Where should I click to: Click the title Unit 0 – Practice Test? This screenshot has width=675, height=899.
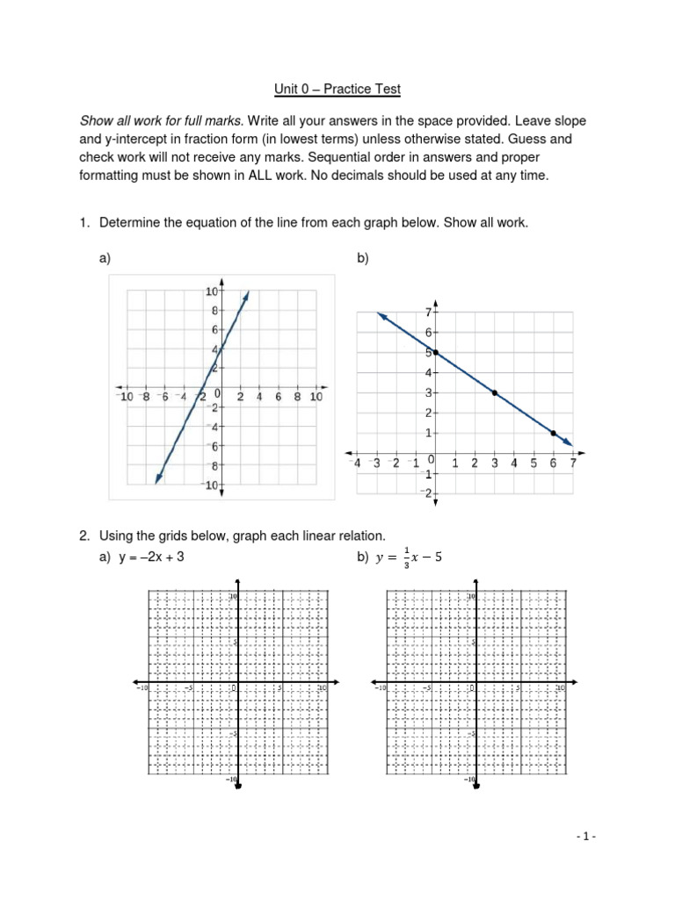(x=337, y=90)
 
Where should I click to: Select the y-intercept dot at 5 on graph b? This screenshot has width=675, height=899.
(x=435, y=353)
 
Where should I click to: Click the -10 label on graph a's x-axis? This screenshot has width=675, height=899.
(x=127, y=398)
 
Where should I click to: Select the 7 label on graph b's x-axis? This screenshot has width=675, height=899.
(x=573, y=464)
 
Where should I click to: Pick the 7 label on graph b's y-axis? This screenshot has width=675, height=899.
(x=427, y=313)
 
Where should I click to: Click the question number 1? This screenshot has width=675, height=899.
(x=83, y=223)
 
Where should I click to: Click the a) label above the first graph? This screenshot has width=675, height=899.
(x=105, y=259)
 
